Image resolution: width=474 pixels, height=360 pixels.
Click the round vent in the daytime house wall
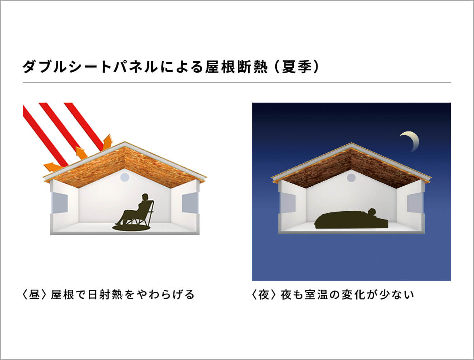[x=124, y=178]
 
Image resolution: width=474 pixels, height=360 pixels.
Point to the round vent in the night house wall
[x=351, y=178]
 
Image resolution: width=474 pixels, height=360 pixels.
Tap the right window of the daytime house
[x=190, y=202]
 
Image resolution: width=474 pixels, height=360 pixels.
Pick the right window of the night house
[x=415, y=202]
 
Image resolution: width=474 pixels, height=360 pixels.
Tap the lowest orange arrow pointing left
[x=53, y=167]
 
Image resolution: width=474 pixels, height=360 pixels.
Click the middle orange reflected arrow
[x=81, y=152]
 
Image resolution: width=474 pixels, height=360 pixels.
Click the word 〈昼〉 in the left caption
[x=34, y=294]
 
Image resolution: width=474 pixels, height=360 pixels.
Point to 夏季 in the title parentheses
[x=297, y=67]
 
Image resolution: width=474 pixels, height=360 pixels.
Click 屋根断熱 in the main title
[x=236, y=67]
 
